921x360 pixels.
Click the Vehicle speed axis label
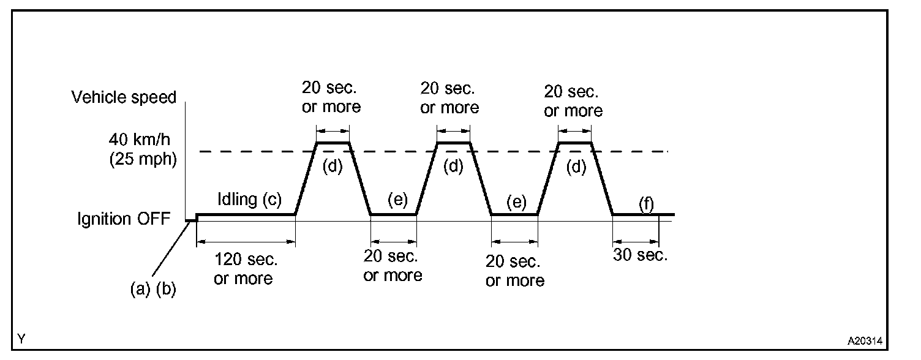(124, 97)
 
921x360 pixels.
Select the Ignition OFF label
(122, 219)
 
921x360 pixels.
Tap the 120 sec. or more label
(243, 269)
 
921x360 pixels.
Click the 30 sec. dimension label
(641, 255)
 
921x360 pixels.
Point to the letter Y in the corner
(21, 339)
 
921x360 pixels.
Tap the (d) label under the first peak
(333, 167)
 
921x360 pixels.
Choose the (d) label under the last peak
(575, 167)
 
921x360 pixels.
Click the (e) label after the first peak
(397, 201)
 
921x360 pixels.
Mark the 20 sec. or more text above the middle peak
(449, 99)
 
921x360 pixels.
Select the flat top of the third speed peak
(575, 143)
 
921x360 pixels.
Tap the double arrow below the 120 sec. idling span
(246, 241)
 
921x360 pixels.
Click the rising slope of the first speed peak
(306, 178)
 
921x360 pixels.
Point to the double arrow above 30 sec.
(636, 241)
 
